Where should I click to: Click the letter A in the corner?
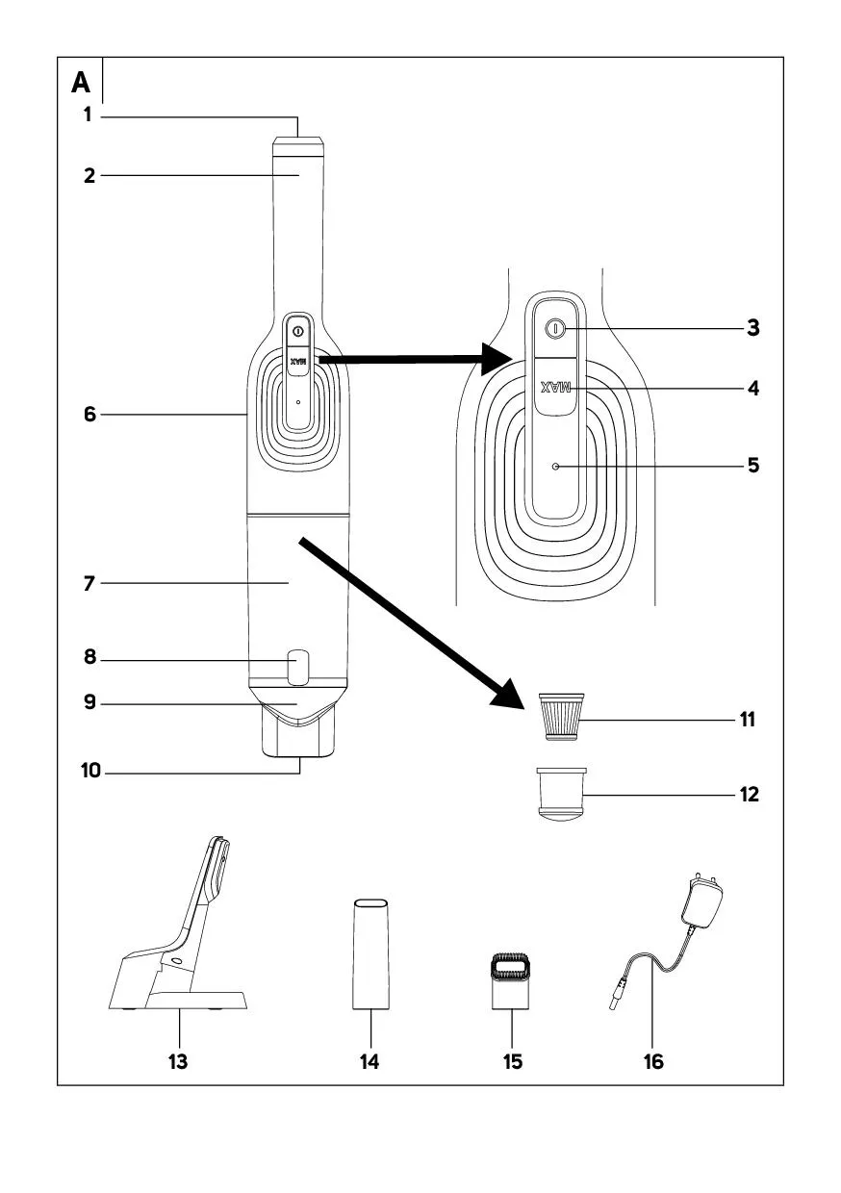point(81,84)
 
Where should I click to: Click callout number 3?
point(752,328)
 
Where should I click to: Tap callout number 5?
point(752,466)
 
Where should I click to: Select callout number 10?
point(89,771)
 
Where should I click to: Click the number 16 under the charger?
point(653,1061)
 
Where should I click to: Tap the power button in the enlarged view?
point(553,329)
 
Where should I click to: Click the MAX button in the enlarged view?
point(556,389)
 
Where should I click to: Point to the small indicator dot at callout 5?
point(556,466)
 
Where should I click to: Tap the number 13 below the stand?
point(178,1061)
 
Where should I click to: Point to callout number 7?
point(89,584)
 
